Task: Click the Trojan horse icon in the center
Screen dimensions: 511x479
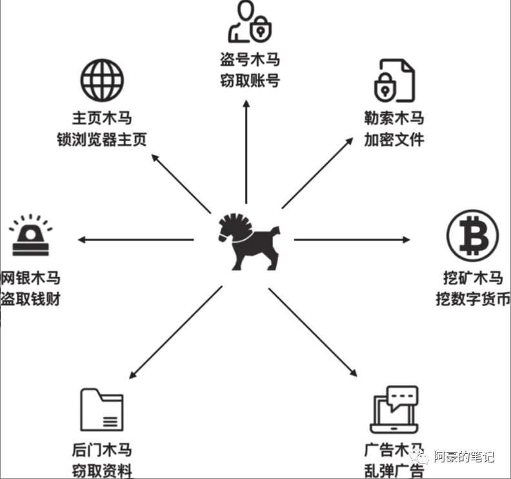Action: click(x=248, y=240)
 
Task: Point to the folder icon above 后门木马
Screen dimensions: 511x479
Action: click(x=102, y=410)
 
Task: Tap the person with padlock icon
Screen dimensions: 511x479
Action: click(x=249, y=23)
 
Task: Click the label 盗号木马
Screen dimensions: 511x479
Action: click(x=249, y=61)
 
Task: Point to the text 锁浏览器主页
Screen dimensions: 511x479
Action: click(x=102, y=139)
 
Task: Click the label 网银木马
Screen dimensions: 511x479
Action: click(x=30, y=279)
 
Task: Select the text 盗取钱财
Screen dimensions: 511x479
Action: click(x=30, y=300)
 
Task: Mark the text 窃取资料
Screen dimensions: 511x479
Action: click(x=102, y=469)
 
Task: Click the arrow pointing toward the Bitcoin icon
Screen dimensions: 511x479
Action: click(x=352, y=240)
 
